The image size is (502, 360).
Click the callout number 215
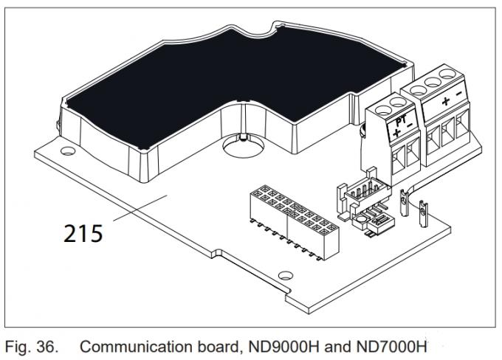coord(83,233)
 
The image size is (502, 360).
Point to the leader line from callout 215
coord(140,208)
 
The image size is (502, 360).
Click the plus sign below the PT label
coord(397,132)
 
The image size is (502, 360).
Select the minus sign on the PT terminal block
coord(410,125)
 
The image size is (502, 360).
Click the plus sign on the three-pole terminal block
coord(446,102)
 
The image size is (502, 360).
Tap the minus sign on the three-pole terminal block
coord(458,94)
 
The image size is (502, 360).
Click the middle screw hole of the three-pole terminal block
coord(433,82)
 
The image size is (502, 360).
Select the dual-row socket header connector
coord(295,222)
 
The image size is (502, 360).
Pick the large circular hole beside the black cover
coord(244,146)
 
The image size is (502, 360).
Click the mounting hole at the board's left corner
coord(68,150)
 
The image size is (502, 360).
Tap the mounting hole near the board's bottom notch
coord(286,275)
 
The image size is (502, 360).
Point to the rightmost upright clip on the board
coord(423,212)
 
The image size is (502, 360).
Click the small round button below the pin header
coord(362,219)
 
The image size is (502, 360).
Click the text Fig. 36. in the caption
coord(32,347)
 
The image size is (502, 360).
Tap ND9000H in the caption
coord(284,347)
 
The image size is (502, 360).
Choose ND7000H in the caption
coord(391,347)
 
